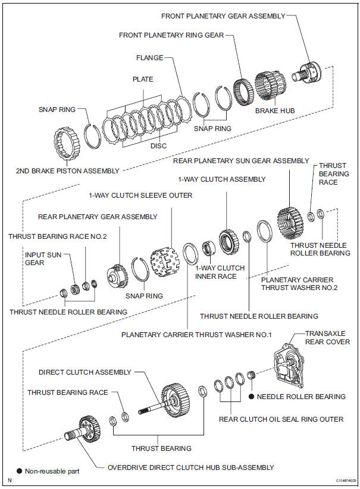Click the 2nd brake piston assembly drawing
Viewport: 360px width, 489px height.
pos(67,144)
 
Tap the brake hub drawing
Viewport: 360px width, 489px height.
pos(270,86)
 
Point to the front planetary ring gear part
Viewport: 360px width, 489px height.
pos(243,92)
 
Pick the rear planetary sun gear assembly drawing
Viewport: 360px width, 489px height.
pos(290,224)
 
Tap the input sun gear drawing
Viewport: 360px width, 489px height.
pos(74,289)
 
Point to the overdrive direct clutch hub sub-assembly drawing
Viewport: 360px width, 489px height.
pos(83,429)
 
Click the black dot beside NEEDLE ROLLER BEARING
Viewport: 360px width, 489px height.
pos(252,396)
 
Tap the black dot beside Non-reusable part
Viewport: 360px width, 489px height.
pos(19,471)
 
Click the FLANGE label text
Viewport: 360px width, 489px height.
pos(150,58)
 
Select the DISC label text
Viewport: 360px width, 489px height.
pos(159,146)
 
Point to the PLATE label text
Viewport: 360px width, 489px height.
pos(143,79)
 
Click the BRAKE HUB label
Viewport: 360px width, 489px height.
pos(275,111)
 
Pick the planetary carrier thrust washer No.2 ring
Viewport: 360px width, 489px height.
pos(264,231)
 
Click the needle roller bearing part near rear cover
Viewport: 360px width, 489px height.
pos(251,375)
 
